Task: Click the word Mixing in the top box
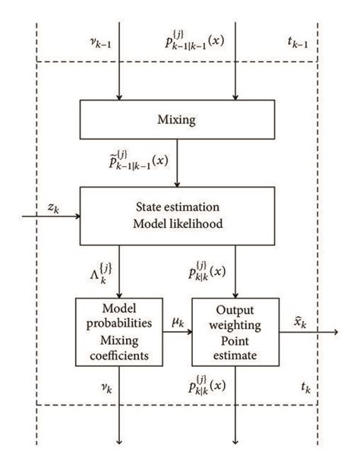point(176,120)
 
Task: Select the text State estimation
point(178,207)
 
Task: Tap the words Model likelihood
point(178,223)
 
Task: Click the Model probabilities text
point(119,316)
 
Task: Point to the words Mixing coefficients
point(119,348)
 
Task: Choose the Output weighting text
point(235,317)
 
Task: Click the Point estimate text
point(235,348)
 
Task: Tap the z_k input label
point(53,207)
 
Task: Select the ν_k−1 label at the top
point(100,43)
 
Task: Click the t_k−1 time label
point(298,43)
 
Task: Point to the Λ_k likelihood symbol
point(101,273)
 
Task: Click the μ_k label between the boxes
point(178,323)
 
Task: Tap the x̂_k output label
point(300,323)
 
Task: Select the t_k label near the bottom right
point(306,388)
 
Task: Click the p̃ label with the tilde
point(138,160)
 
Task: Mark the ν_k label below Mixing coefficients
point(106,388)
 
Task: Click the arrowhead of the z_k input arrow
point(78,216)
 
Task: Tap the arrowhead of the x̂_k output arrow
point(336,332)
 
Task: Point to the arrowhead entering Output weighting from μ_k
point(190,332)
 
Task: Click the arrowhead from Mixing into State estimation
point(177,185)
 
